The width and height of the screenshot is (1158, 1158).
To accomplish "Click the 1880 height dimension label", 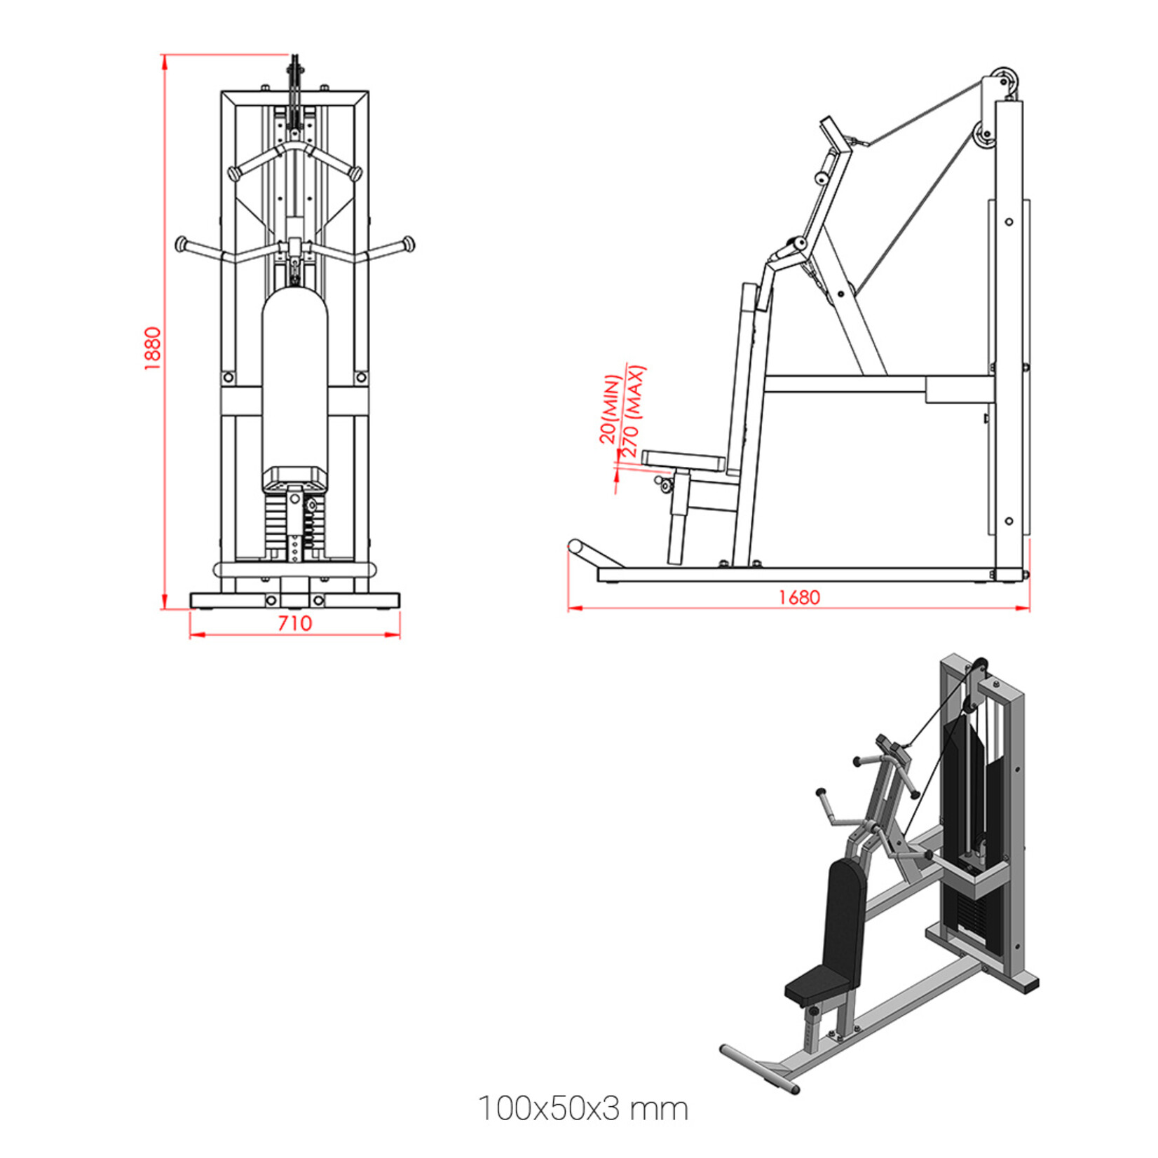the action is (153, 348).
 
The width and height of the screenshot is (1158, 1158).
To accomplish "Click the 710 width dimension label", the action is (294, 623).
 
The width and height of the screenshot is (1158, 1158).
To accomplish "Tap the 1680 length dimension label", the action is (798, 597).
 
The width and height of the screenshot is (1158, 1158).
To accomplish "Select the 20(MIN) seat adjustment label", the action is (610, 409).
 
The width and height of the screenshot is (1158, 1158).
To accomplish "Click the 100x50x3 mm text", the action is (583, 1108).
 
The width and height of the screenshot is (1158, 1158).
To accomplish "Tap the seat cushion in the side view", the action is (683, 460).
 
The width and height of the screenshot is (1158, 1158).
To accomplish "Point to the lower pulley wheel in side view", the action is (983, 135).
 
